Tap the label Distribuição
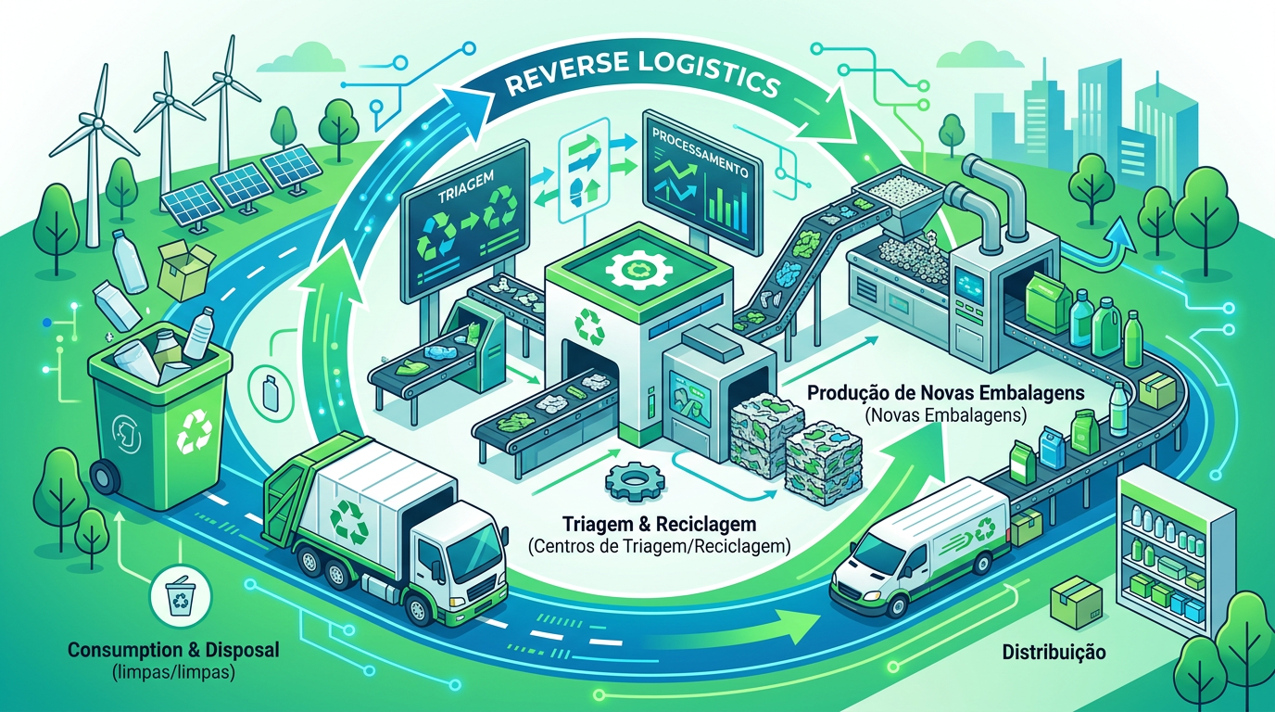[x=1054, y=653]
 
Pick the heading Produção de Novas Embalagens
[x=946, y=393]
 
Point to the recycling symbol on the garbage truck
[x=350, y=520]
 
